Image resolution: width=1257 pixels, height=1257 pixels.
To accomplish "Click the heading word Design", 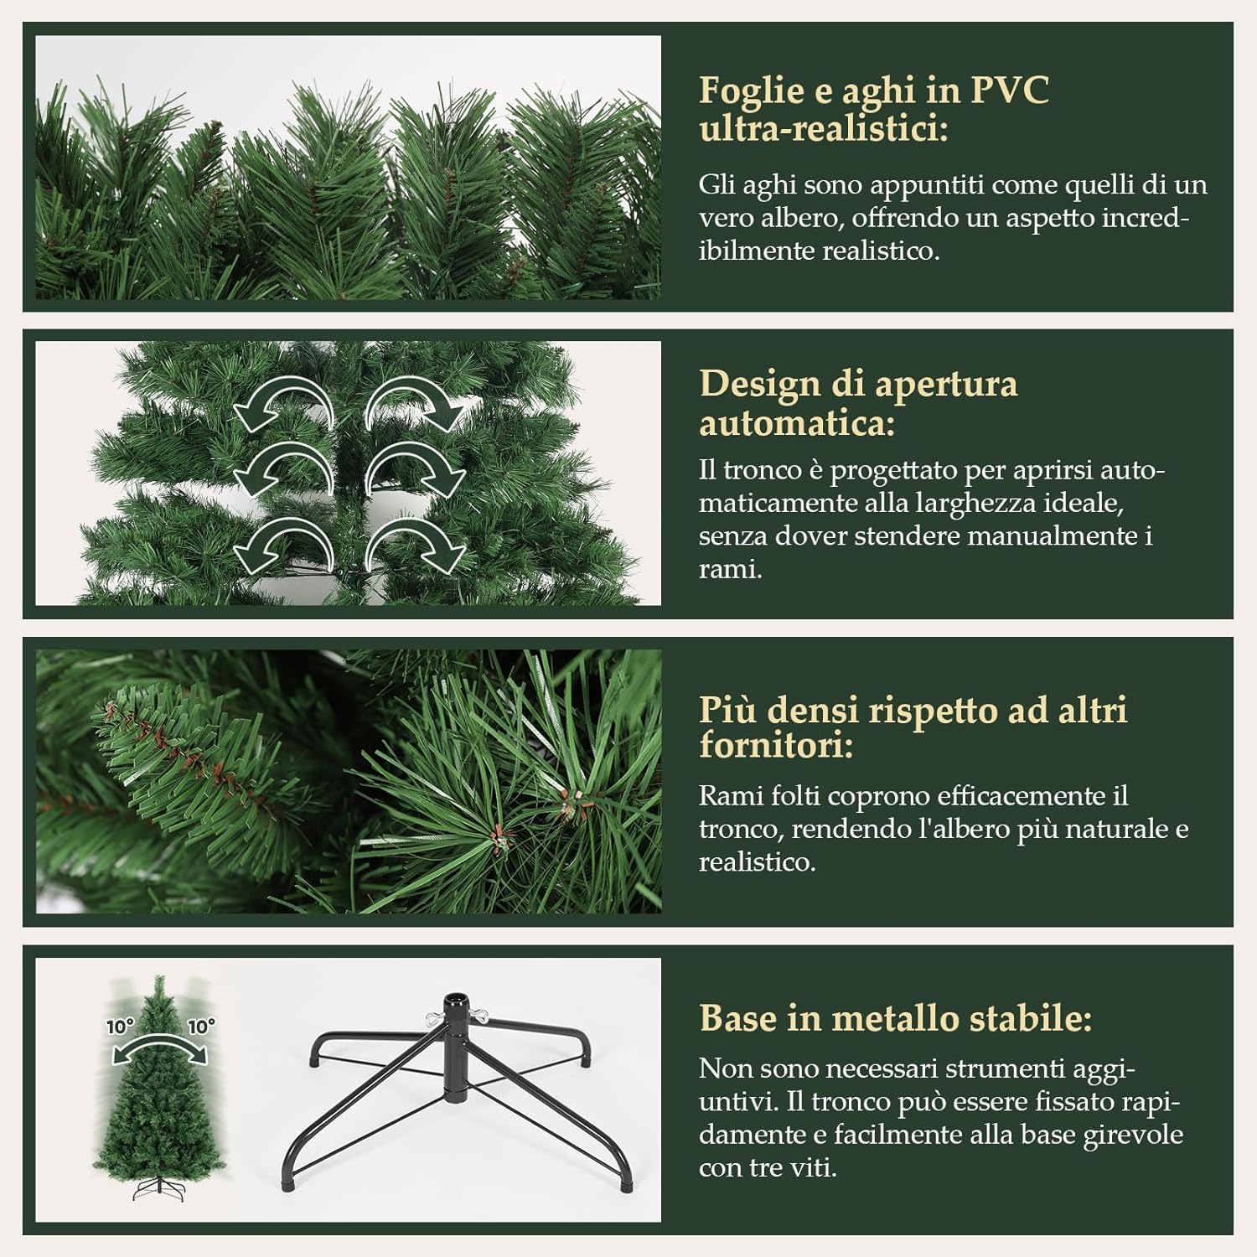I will coord(758,384).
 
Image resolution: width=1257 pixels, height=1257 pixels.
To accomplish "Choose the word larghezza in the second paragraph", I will coord(981,503).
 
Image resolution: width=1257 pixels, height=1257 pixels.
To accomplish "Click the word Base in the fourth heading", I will coord(737,1018).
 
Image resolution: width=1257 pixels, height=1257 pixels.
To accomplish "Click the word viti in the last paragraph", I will coord(814,1167).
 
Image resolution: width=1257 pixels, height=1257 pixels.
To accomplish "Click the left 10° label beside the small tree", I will coord(120,1026).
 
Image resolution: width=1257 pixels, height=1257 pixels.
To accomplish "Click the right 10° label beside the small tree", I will coord(201,1026).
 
